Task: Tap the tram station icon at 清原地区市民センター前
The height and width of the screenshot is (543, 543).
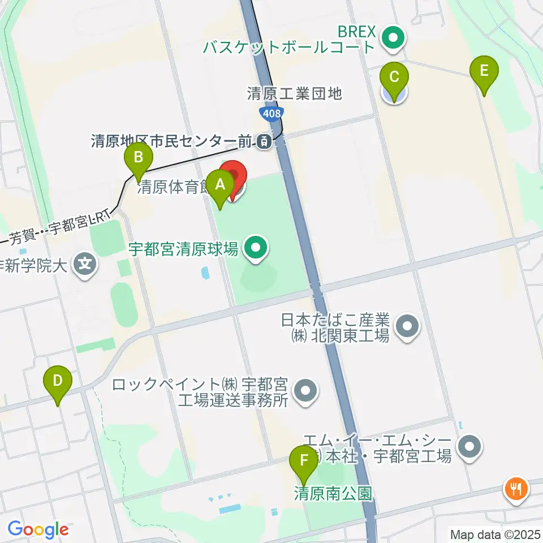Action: pyautogui.click(x=264, y=142)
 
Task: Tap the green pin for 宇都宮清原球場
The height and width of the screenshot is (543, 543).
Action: pyautogui.click(x=256, y=247)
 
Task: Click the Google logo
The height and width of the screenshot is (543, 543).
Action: pyautogui.click(x=38, y=529)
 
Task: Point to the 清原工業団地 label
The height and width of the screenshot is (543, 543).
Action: pyautogui.click(x=295, y=93)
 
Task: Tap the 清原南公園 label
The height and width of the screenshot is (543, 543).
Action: pyautogui.click(x=333, y=494)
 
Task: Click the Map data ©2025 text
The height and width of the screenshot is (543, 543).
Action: pyautogui.click(x=494, y=533)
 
